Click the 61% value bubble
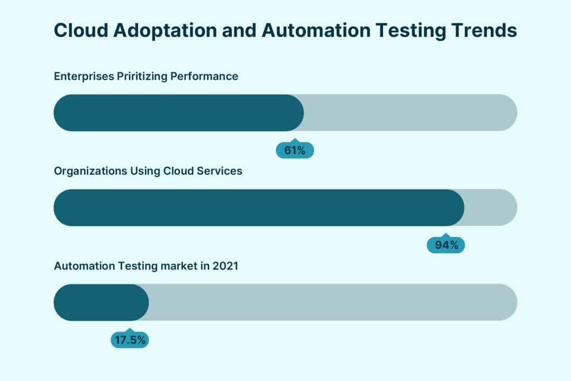(295, 150)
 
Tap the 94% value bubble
(446, 245)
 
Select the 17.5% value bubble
(129, 340)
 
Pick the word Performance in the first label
(209, 76)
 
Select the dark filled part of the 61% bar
(178, 113)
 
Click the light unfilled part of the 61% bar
(410, 113)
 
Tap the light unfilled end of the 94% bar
(491, 208)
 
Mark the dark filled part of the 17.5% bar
(100, 302)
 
